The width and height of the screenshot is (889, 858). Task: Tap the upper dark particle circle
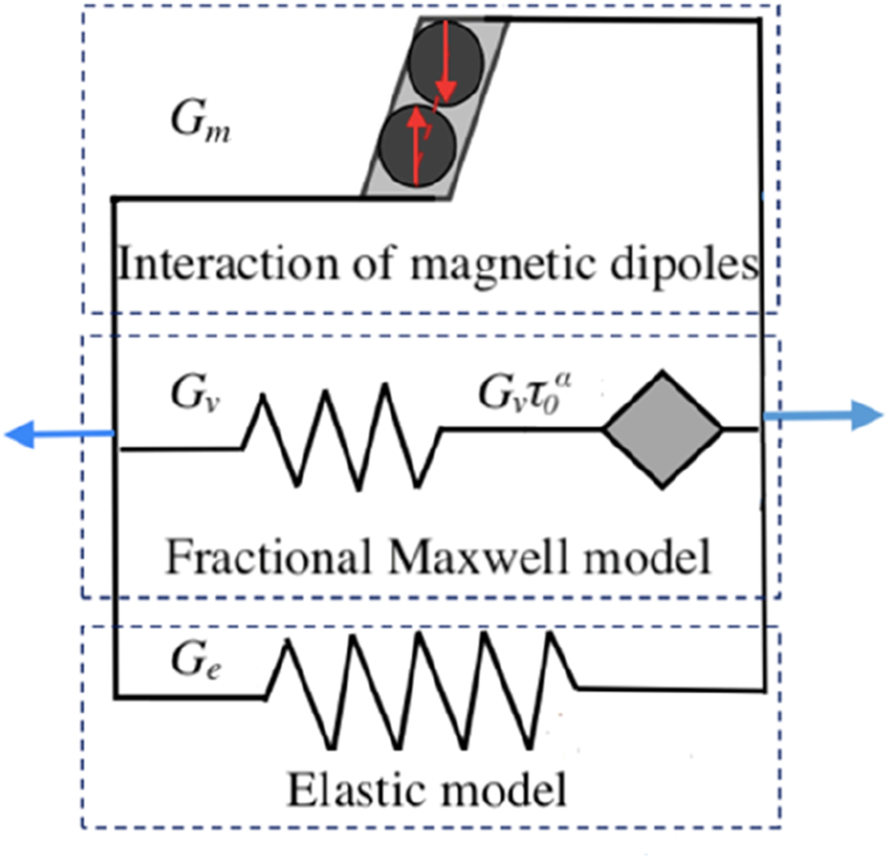[446, 62]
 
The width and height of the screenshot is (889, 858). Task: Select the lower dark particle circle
[417, 146]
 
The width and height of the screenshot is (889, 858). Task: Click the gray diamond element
[662, 430]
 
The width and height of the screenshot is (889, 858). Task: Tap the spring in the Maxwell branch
[342, 436]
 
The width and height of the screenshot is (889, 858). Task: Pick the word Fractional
[269, 556]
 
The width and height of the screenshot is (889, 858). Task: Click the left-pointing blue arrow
[60, 434]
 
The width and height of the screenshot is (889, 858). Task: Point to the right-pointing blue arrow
[823, 416]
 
